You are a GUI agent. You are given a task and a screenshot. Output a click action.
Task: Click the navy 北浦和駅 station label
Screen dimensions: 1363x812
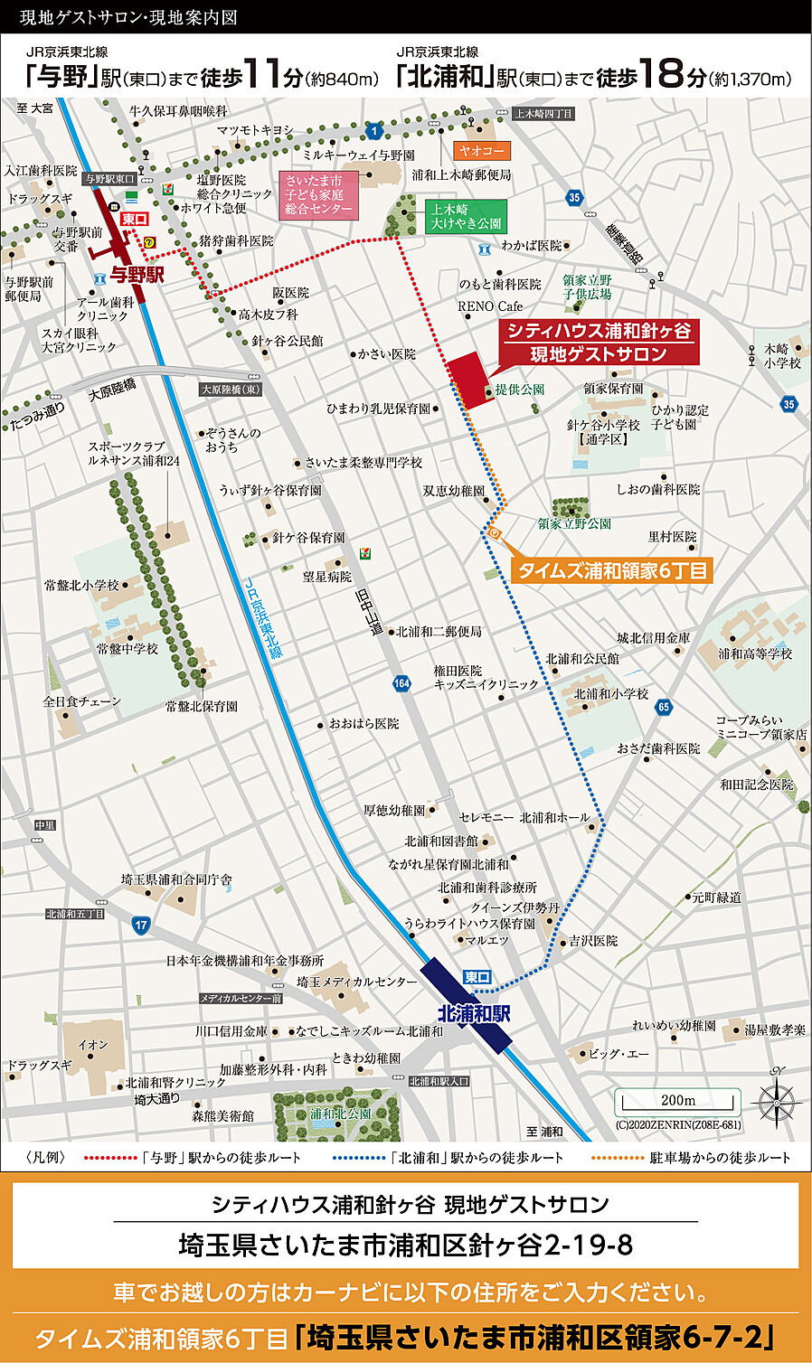473,1013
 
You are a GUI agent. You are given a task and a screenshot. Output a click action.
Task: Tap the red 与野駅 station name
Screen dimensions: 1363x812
137,274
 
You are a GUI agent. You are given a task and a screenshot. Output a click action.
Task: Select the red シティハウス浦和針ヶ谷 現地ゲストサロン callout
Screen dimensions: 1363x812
599,343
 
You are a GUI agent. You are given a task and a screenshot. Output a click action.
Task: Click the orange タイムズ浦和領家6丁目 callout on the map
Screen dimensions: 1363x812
612,570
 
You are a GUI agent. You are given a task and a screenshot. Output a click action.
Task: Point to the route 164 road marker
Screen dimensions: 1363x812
402,683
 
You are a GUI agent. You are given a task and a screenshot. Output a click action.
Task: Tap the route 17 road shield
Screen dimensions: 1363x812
140,925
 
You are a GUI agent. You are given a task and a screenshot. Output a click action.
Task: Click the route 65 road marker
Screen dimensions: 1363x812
665,707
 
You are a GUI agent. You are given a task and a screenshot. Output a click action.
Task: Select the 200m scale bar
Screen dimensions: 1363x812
677,1102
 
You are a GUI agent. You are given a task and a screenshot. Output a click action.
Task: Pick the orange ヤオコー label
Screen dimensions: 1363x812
482,151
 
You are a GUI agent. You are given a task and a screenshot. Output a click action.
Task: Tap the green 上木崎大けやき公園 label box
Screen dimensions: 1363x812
466,216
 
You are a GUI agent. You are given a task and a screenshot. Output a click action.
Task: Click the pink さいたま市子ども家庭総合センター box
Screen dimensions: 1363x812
317,194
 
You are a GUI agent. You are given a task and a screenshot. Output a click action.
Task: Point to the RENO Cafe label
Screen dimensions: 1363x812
490,306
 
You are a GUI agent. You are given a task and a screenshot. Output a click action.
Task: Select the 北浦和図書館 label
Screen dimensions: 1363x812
441,841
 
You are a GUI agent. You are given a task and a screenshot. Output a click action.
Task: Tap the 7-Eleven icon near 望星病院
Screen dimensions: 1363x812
364,552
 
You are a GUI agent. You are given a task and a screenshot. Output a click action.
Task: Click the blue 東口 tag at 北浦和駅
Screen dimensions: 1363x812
477,977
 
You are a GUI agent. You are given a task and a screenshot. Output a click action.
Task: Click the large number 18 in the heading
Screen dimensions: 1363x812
668,74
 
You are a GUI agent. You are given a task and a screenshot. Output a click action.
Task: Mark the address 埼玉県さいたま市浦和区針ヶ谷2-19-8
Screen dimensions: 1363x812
405,1245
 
